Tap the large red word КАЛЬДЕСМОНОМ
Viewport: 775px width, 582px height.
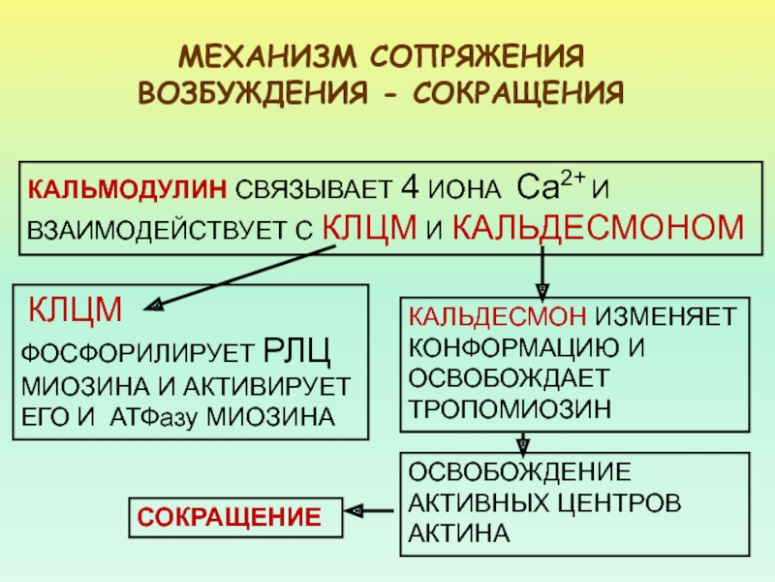[600, 229]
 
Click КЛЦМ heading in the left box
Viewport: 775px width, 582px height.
[74, 309]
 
